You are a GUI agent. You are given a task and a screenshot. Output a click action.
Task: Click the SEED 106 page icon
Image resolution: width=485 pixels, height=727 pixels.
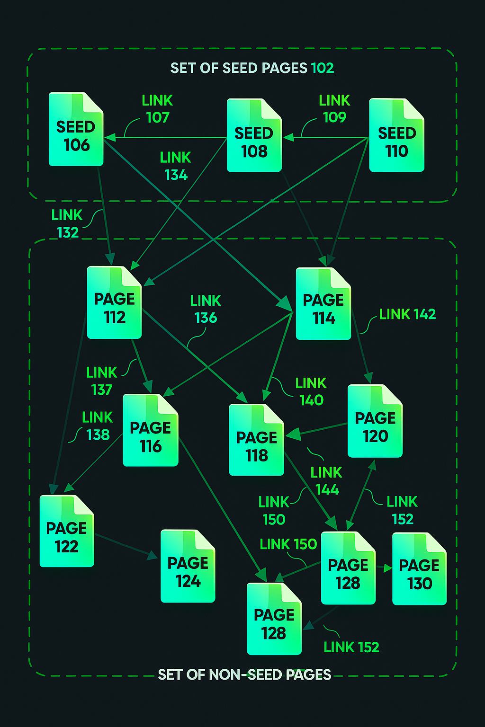(76, 129)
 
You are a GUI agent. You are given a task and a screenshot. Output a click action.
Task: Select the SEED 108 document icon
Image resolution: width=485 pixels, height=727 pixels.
(254, 135)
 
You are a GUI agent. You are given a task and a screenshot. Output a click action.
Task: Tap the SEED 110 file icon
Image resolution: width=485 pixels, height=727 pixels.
(396, 135)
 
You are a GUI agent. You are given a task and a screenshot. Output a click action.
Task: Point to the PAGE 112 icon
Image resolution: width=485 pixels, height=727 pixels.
(114, 303)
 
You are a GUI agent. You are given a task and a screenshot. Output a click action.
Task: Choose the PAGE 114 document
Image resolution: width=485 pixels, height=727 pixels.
(323, 304)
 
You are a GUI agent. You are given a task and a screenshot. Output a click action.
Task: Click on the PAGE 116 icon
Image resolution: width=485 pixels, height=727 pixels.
(151, 431)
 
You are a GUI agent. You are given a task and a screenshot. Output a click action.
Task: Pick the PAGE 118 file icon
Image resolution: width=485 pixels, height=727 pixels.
(256, 440)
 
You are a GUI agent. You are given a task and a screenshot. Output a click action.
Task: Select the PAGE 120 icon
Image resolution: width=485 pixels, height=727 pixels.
(375, 421)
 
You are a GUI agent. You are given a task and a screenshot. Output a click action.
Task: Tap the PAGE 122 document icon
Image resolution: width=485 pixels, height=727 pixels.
(67, 531)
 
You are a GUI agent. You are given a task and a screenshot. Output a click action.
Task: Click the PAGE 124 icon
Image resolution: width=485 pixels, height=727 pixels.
(188, 566)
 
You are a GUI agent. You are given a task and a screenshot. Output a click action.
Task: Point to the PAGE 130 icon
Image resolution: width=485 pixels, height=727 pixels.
(419, 569)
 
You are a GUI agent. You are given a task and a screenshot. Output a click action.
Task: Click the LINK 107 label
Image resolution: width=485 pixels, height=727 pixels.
(157, 109)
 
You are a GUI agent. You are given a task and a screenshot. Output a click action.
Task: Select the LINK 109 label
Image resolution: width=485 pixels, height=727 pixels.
(334, 109)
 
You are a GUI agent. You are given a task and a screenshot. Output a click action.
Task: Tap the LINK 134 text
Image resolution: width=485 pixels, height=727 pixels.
(175, 166)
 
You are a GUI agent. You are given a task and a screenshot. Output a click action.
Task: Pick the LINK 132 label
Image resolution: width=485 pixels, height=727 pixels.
(67, 224)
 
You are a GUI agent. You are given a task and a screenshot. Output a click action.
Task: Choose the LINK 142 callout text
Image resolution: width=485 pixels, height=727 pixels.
(407, 314)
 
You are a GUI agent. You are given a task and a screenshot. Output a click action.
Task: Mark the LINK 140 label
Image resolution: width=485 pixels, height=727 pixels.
(311, 391)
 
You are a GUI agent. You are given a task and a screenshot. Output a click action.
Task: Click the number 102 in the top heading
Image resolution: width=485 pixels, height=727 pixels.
(323, 68)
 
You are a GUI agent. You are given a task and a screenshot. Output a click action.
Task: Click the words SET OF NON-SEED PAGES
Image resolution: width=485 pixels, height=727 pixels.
(244, 674)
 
